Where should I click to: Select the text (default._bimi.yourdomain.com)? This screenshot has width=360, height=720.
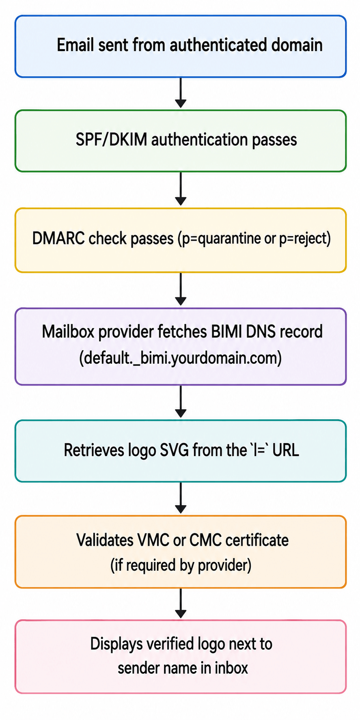point(180,358)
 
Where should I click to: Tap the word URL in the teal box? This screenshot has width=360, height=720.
point(286,450)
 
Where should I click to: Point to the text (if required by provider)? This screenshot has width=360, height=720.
point(181,565)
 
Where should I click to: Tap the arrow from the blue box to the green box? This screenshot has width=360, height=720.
point(181,93)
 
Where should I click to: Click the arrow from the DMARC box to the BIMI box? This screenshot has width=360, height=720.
point(181,289)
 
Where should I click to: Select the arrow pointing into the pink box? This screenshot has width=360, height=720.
point(181,603)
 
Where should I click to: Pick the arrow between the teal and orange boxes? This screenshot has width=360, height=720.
point(181,498)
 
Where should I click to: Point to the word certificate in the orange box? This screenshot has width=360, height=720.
point(257,540)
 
